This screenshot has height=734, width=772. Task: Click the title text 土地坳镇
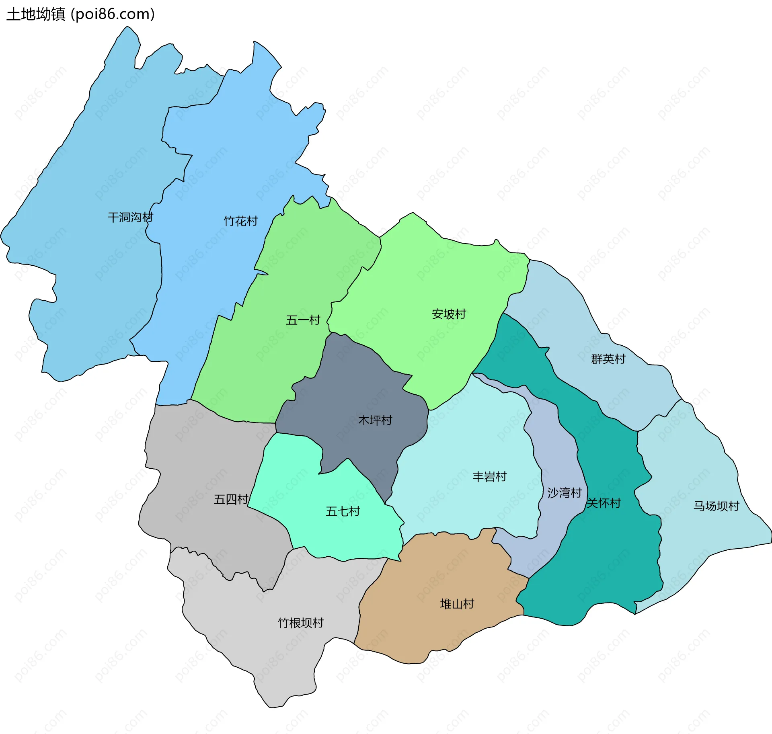[35, 14]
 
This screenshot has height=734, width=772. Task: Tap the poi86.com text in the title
[113, 14]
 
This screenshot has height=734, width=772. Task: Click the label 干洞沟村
[130, 217]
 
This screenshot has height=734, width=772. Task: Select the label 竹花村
[240, 221]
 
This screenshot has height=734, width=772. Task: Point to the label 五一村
[303, 320]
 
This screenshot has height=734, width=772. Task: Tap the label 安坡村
[449, 314]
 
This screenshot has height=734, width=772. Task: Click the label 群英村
[608, 359]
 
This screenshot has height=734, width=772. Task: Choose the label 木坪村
[375, 420]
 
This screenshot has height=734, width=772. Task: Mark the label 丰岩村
[489, 477]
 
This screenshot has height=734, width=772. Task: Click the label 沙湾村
[565, 493]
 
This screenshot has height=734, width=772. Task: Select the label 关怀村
[604, 503]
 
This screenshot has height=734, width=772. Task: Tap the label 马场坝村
[716, 506]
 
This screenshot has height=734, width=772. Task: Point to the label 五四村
[231, 500]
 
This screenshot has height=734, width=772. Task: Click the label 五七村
[343, 511]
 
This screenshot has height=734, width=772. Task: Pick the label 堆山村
[457, 604]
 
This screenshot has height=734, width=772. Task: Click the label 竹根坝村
[301, 623]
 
